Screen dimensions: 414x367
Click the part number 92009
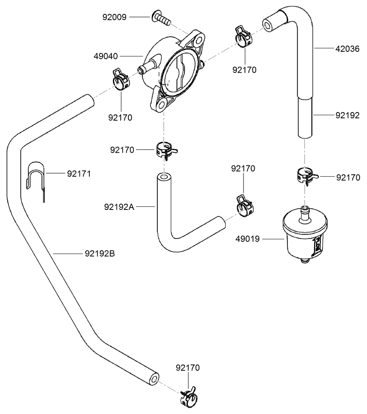[114, 17]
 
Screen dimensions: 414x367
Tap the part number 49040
[106, 56]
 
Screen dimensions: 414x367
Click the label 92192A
[119, 207]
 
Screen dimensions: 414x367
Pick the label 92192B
[100, 254]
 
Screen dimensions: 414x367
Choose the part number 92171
[79, 174]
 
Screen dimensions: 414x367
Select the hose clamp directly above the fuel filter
[307, 176]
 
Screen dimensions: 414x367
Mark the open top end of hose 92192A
[164, 179]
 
